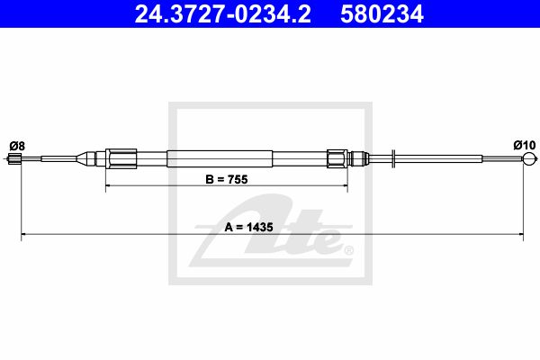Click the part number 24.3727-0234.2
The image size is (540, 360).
coord(222,14)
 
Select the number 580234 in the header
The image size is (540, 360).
coord(382,14)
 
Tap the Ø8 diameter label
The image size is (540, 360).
coord(17,146)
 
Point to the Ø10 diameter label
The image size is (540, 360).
coord(525,145)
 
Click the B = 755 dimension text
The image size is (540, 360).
coord(226,179)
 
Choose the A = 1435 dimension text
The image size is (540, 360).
coord(248,227)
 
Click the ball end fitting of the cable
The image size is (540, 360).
coord(529,158)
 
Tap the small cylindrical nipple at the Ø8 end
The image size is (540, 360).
coord(14,158)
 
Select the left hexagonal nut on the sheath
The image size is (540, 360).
coord(121,158)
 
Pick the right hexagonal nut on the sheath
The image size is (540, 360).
coord(337,158)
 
